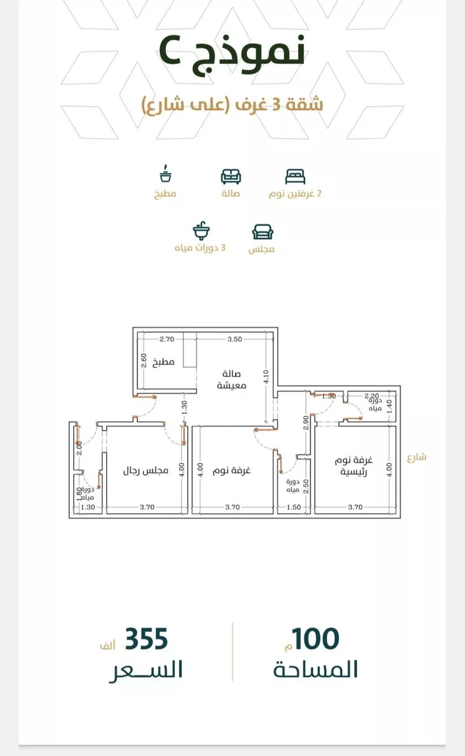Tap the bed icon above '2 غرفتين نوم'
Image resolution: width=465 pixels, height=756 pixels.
(295, 177)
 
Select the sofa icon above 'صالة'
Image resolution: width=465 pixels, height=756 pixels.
(231, 176)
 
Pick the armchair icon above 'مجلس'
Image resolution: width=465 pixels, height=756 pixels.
(263, 232)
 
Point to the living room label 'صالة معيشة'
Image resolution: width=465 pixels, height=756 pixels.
(232, 379)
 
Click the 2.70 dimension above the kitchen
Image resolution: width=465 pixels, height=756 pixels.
(167, 339)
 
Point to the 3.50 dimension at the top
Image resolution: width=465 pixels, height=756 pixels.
(234, 339)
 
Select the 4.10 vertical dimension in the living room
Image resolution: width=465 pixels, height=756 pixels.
(267, 377)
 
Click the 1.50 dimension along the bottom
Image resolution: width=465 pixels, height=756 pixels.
(293, 507)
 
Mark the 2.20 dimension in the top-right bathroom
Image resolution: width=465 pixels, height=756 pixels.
(371, 395)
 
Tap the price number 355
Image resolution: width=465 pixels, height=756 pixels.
(147, 639)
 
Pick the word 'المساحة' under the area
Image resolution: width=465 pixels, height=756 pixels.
(316, 669)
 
